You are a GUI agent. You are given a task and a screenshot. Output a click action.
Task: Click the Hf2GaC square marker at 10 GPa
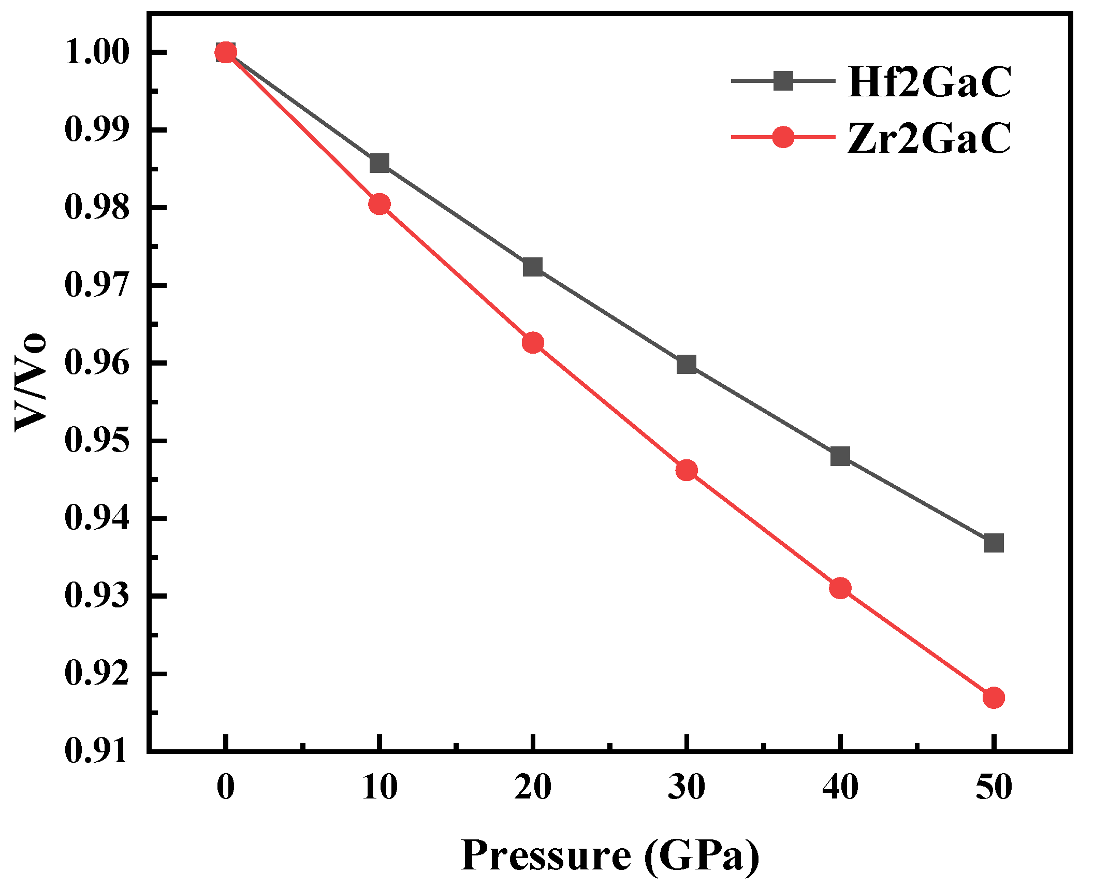tap(379, 163)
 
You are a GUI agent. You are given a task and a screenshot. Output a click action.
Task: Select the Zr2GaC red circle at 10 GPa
tap(379, 205)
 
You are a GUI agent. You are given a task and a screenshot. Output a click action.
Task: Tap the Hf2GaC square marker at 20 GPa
tap(532, 267)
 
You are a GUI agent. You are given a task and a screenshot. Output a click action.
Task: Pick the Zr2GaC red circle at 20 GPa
tap(532, 343)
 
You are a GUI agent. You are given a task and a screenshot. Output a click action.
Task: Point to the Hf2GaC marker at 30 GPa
tap(686, 365)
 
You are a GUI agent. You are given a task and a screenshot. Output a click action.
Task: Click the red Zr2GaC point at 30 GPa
tap(686, 470)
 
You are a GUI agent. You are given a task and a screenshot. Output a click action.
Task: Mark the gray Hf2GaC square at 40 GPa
tap(840, 456)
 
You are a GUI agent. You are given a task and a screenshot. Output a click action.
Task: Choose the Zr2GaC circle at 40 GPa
tap(840, 588)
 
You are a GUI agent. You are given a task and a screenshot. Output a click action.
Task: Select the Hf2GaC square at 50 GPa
tap(994, 543)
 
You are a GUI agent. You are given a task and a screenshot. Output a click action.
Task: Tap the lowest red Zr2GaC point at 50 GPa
tap(994, 698)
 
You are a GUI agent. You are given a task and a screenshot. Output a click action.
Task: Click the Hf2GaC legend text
tap(929, 82)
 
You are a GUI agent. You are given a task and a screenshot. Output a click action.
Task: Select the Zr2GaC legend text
tap(929, 138)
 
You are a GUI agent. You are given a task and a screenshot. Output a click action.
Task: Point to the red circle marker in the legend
tap(783, 137)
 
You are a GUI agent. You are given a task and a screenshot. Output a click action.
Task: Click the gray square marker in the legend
tap(783, 81)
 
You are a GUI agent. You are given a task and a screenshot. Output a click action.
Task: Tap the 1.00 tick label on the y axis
tap(96, 52)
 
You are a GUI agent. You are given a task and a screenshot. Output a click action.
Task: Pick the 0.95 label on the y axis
tap(96, 441)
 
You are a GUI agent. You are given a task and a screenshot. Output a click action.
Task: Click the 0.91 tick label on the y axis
tap(96, 751)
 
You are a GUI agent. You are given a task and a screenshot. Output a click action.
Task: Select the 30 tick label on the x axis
tap(686, 788)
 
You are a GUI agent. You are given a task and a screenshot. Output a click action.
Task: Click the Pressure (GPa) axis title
tap(609, 855)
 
